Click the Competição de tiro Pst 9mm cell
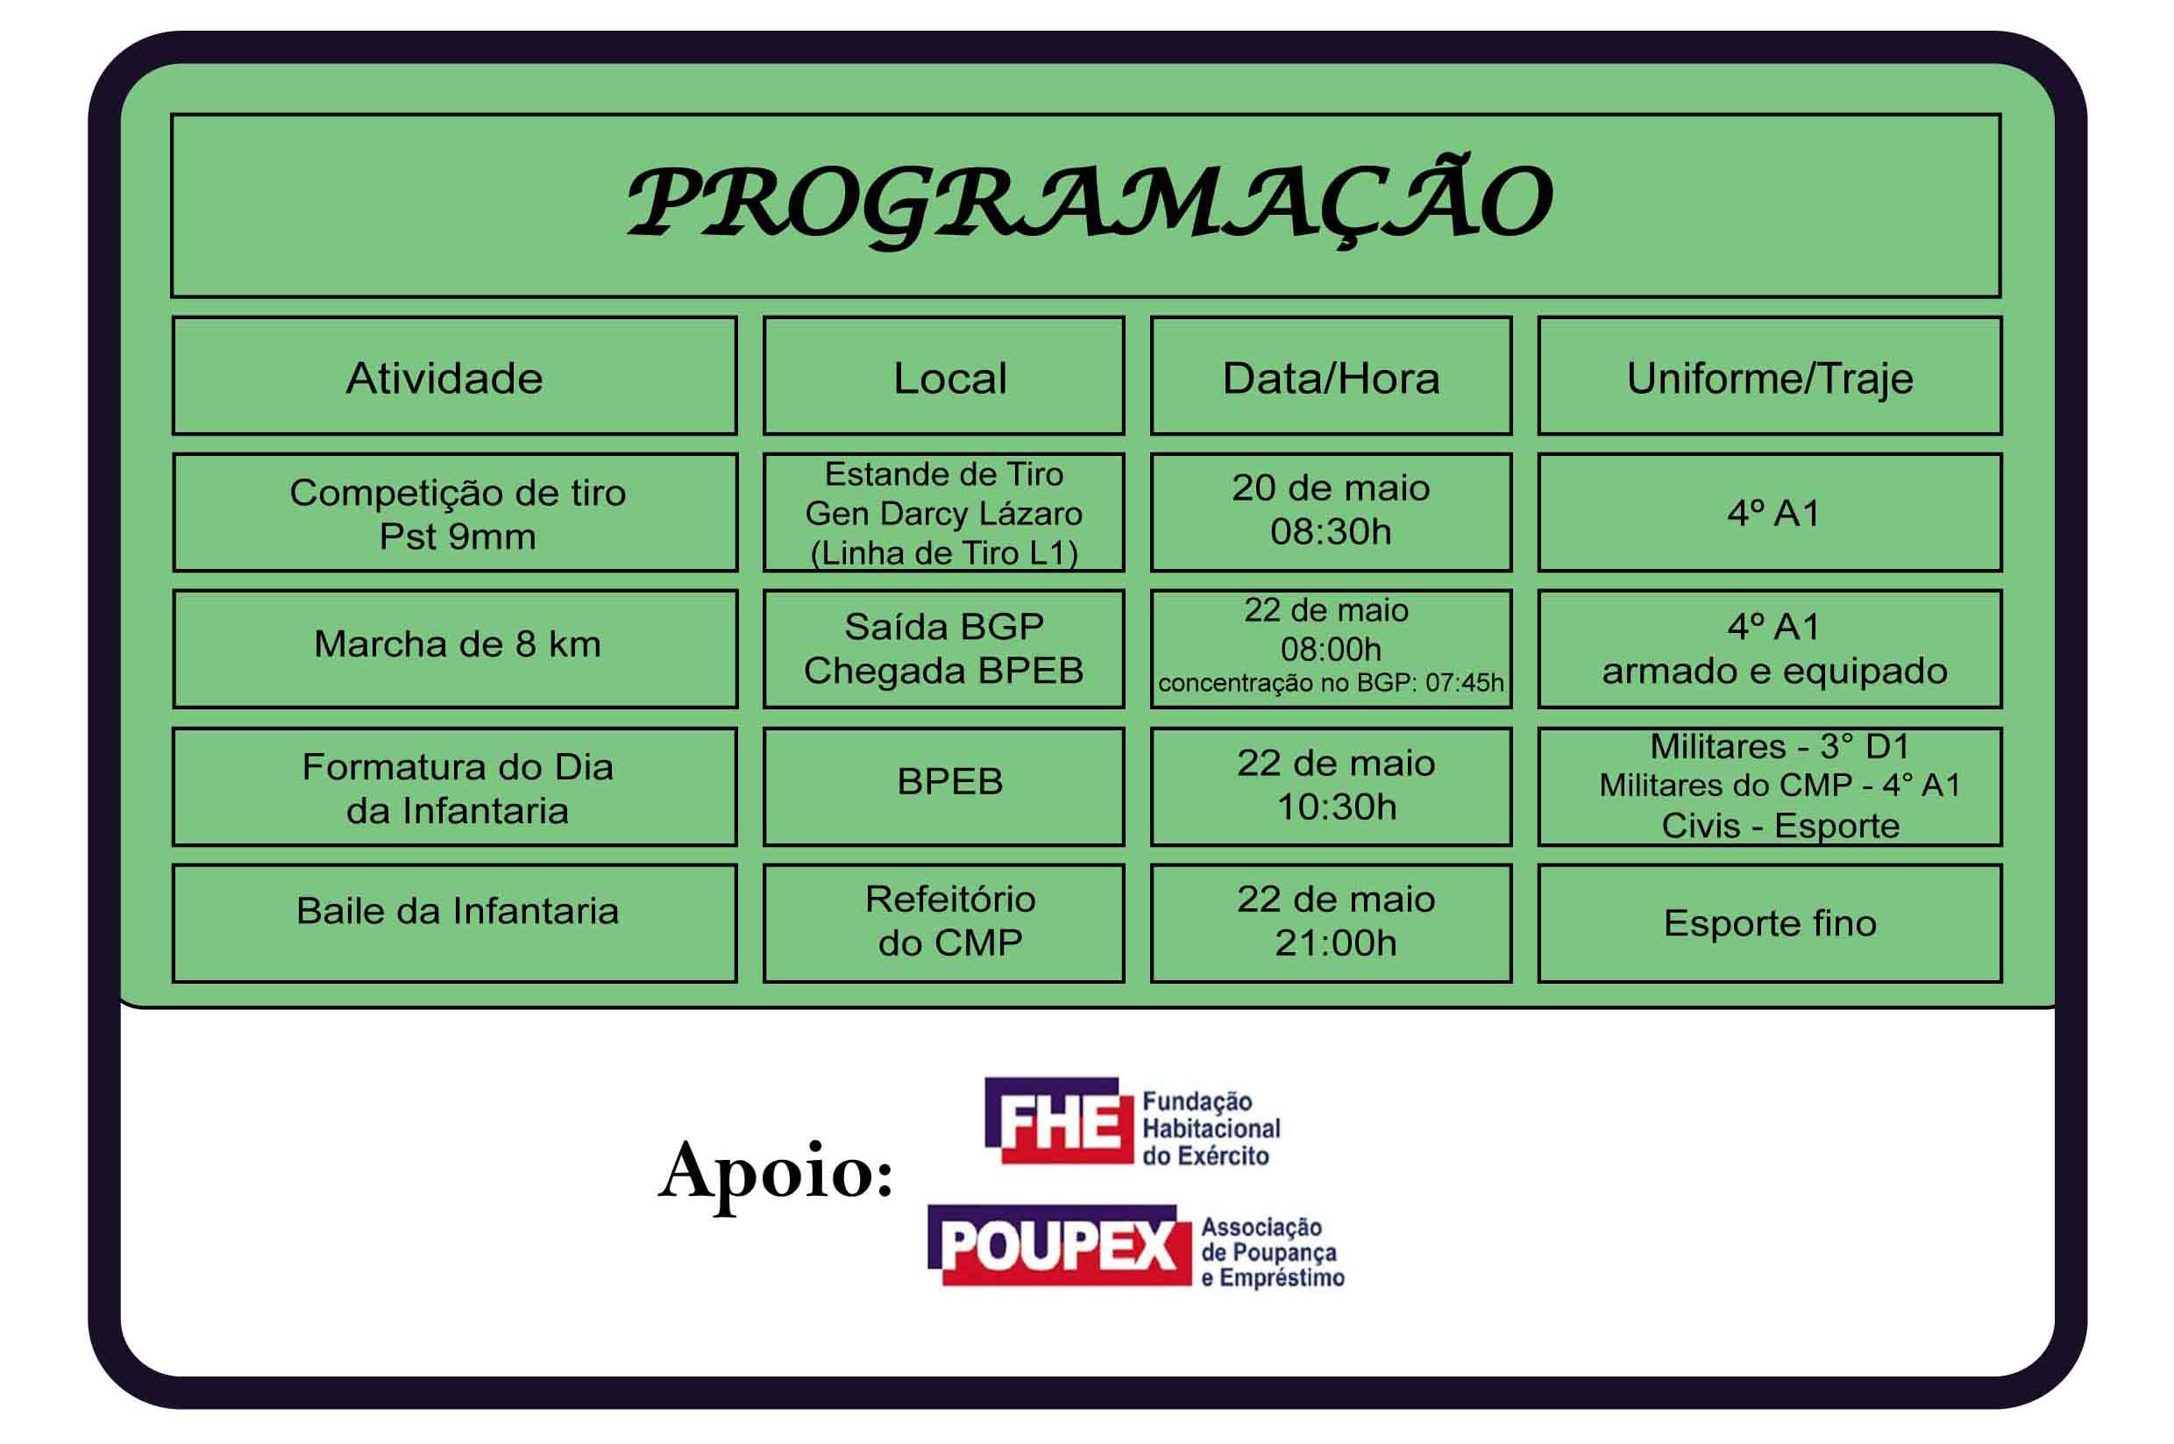455,512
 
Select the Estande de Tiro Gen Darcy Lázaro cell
944,512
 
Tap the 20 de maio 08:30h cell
1331,512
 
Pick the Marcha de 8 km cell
455,648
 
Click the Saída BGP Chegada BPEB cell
944,648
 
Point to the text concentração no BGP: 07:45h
1331,683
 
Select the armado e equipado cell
1770,648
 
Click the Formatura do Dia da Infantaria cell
455,786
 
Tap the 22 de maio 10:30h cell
1331,786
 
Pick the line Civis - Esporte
1780,826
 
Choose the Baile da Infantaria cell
455,922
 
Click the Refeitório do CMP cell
944,922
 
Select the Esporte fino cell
1770,922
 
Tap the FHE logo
1133,1120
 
